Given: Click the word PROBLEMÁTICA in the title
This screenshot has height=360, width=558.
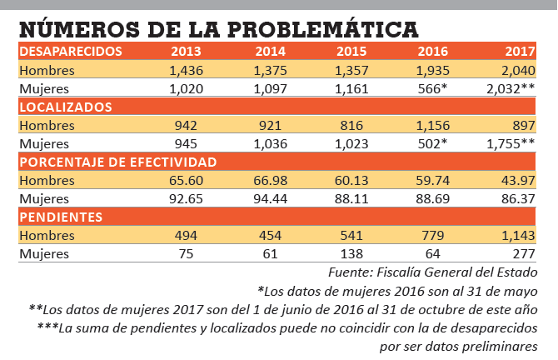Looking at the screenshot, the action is pos(323,29).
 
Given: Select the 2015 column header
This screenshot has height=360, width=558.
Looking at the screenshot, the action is pos(351,52).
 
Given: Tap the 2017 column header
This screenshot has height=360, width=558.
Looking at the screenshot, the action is pos(521,52).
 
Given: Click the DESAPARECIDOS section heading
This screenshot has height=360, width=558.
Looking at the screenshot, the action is pos(71,52).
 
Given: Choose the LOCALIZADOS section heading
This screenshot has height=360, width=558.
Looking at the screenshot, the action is pos(66,107).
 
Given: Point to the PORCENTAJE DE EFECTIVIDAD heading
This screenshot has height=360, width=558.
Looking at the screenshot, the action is pos(118,162).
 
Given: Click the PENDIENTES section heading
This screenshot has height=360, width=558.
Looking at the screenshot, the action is pos(61,217).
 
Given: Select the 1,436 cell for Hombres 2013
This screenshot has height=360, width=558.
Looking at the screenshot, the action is pos(186,71).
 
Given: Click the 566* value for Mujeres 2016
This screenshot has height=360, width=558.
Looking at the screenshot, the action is pos(432,88).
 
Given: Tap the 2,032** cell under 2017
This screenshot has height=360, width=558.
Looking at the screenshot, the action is pos(511,88).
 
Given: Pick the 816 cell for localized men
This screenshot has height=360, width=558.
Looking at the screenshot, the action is pos(351,125).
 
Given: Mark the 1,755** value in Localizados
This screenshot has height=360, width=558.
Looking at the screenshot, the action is pos(511,143).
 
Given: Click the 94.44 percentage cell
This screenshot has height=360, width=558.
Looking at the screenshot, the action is pos(271,198).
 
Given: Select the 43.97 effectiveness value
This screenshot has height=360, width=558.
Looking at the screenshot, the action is pos(518,180).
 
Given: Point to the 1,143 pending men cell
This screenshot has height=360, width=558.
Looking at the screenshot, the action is pos(518,235).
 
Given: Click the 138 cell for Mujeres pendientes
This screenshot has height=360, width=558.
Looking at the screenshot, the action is pos(351,254).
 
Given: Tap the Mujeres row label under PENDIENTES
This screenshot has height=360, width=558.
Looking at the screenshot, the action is pos(44,254).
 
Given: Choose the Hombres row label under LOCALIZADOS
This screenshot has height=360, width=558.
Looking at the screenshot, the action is pos(47,125).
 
